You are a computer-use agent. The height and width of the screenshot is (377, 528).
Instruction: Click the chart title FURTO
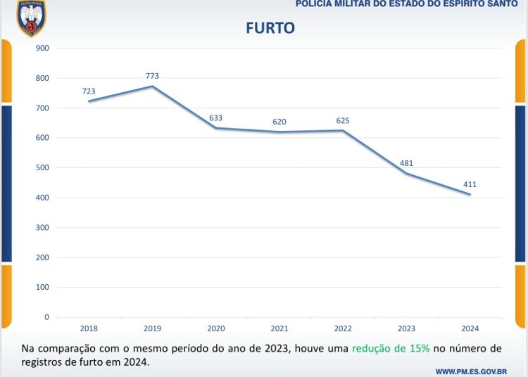[x=270, y=28]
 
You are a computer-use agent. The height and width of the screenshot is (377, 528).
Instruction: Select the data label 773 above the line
[x=153, y=76]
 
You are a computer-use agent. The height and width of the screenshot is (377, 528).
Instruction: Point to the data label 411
[x=471, y=184]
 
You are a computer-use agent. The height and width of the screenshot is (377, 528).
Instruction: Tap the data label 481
[x=406, y=163]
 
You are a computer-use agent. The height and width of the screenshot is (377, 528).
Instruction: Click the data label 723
[x=89, y=91]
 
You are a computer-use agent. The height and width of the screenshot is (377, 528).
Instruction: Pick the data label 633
[x=216, y=118]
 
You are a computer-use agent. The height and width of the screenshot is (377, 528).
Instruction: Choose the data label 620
[x=279, y=122]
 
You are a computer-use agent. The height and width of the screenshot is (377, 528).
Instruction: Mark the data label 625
[x=343, y=121]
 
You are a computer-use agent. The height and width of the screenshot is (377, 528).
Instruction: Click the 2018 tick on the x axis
[x=89, y=328]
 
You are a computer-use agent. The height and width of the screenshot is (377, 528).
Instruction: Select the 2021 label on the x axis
[x=279, y=328]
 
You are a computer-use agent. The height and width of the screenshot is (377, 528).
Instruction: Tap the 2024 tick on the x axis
[x=470, y=328]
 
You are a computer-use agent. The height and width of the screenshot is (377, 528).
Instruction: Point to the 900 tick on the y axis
[x=42, y=49]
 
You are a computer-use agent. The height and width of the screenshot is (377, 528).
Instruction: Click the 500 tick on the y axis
[x=42, y=168]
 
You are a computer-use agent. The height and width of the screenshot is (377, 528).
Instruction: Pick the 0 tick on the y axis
[x=46, y=317]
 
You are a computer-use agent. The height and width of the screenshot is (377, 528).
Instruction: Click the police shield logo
[x=31, y=18]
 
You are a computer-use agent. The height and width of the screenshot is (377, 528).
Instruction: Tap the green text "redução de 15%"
[x=391, y=349]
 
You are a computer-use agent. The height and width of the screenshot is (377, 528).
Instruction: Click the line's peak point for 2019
[x=153, y=87]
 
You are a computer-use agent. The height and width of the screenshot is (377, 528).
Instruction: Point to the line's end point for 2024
[x=470, y=195]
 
